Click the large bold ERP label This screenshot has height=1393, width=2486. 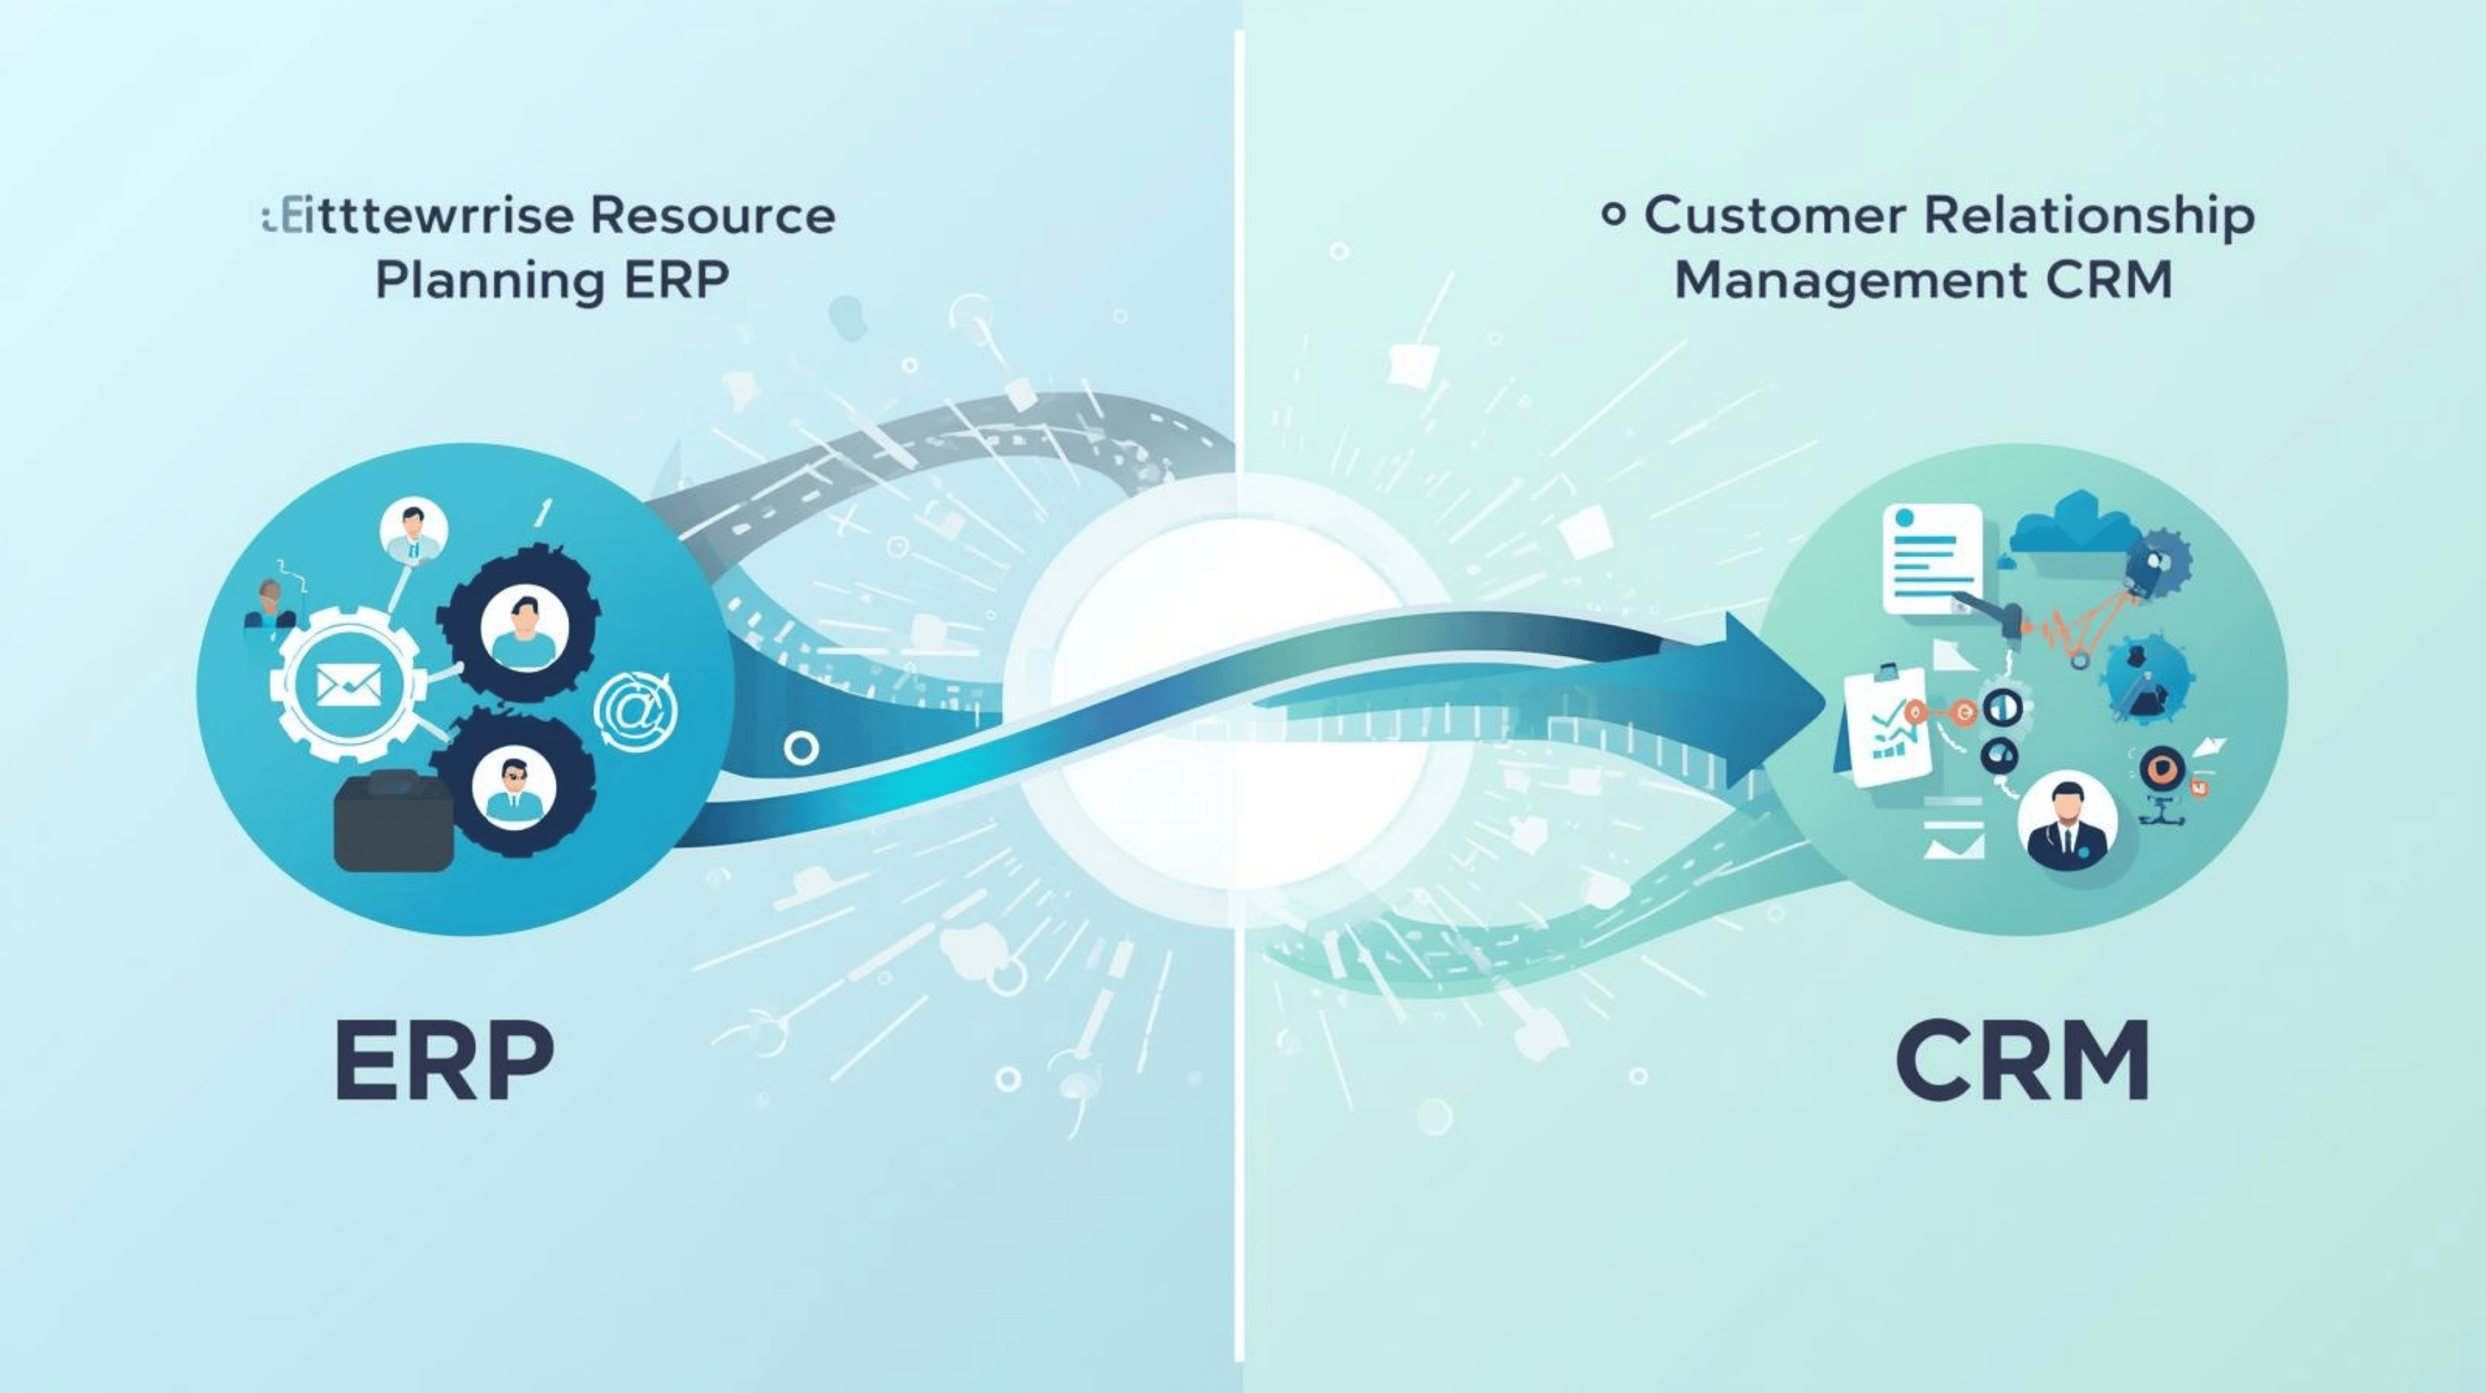click(x=445, y=1062)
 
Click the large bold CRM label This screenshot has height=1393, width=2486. click(x=2022, y=1062)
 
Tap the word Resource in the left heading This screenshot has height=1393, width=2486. click(x=712, y=216)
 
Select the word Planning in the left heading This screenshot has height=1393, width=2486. click(x=490, y=281)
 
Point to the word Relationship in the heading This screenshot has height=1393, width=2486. click(x=2090, y=216)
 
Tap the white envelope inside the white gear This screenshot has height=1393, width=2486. click(x=349, y=685)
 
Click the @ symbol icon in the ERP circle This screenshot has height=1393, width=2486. click(x=635, y=712)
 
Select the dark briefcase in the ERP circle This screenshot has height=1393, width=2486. click(x=394, y=821)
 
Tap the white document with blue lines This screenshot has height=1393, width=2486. click(x=1931, y=559)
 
